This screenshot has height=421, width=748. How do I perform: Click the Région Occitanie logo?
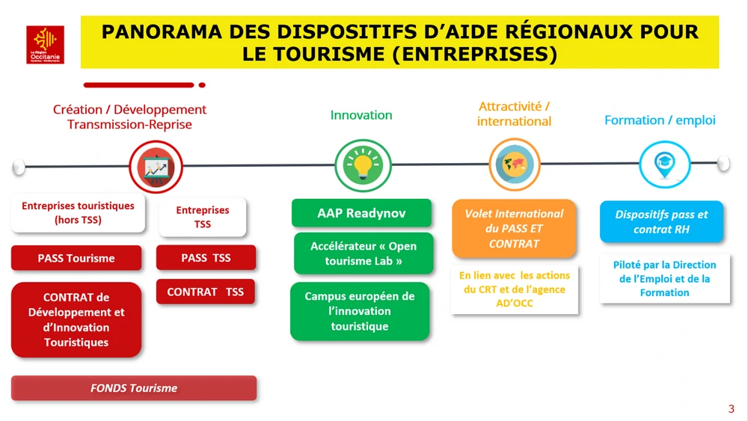[x=45, y=45]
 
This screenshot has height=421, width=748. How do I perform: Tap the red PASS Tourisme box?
[x=76, y=258]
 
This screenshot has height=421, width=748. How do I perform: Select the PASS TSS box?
[x=206, y=257]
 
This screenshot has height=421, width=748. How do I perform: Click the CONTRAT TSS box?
[x=206, y=292]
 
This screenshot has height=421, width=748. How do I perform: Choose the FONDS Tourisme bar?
[x=134, y=388]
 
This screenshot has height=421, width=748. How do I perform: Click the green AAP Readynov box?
[x=361, y=213]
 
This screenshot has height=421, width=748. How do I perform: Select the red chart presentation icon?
[x=156, y=167]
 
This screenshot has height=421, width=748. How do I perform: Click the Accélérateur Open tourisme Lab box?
[x=364, y=253]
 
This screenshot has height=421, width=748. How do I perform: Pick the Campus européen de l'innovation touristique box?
[x=360, y=311]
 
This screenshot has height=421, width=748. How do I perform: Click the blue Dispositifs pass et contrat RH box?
[x=661, y=221]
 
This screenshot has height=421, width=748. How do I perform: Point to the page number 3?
[x=732, y=409]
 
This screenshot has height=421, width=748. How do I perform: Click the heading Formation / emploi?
[x=660, y=120]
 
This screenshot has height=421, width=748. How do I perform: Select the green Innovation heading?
[x=361, y=115]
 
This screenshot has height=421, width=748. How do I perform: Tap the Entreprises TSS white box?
[x=203, y=217]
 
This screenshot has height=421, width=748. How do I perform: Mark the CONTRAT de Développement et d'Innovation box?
[x=76, y=320]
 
